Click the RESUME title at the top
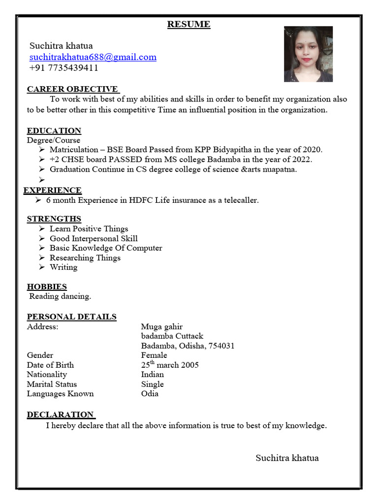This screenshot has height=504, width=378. (189, 24)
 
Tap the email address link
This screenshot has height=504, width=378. (93, 57)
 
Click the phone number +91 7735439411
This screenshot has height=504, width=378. (64, 67)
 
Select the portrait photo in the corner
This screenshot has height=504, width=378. (308, 54)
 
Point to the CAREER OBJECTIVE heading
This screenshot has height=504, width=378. (72, 89)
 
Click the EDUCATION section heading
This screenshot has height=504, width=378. (54, 130)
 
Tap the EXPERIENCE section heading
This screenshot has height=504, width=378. (53, 190)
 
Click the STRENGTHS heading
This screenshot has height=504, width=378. (54, 219)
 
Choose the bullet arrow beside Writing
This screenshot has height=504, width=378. (42, 267)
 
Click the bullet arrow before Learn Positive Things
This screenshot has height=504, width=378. (42, 228)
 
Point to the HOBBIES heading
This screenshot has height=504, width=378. (47, 286)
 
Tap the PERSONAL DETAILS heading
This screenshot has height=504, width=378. (72, 316)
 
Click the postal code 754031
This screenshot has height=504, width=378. (221, 346)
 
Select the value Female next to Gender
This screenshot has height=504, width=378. (154, 355)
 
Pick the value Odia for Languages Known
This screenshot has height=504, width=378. (150, 393)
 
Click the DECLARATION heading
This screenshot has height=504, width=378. (60, 414)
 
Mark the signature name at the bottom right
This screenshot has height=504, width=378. (287, 458)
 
